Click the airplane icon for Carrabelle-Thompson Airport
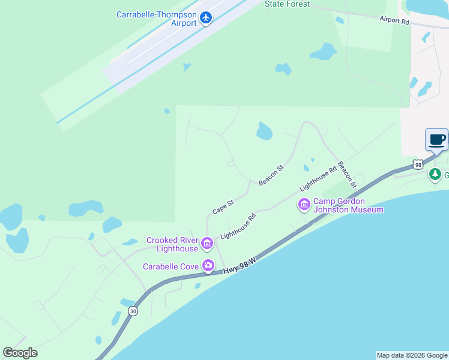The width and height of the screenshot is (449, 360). coord(206,18)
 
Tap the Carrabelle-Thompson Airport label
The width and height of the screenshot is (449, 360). coord(156,19)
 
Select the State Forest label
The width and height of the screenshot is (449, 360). coord(288,4)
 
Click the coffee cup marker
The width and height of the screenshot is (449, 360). coord(436,140)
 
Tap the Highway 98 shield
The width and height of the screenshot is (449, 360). coord(418,164)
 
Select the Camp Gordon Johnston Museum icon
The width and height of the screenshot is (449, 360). coord(304,205)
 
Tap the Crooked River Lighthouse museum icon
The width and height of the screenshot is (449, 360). coord(207,244)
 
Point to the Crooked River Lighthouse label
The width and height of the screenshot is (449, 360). coord(172,244)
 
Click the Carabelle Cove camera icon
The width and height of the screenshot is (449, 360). coord(208,266)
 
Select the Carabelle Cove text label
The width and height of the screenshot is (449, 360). coord(170,266)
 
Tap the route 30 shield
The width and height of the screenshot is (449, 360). coord(133,311)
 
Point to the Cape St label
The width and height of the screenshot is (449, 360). coord(222,208)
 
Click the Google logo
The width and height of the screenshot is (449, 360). coord(20,353)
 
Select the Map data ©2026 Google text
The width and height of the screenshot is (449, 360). coord(412,355)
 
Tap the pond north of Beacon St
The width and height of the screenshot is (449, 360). coord(264,131)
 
